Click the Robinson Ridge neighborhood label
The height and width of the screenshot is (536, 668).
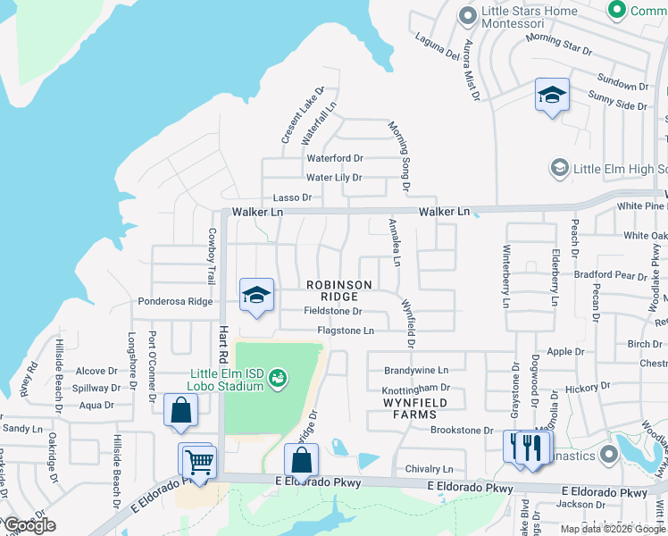[339, 290]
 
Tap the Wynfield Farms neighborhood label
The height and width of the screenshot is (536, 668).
[414, 409]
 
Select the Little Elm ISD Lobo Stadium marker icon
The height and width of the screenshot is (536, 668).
[277, 379]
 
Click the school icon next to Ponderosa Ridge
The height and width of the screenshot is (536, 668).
[256, 295]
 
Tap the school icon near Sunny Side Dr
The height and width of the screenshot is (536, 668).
[552, 95]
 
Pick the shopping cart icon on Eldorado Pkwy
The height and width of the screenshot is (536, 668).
[198, 462]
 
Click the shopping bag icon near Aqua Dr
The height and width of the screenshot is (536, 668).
[180, 411]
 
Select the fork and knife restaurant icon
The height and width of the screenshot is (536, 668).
[532, 447]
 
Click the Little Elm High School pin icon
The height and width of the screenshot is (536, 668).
[560, 168]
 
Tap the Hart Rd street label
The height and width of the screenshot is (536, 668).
[223, 345]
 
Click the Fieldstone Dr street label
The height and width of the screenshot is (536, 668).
[332, 312]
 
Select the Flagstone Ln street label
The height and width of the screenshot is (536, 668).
[345, 331]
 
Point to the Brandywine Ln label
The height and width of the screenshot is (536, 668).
[415, 370]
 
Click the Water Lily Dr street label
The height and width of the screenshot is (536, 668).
[334, 178]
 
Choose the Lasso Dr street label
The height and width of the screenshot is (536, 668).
[292, 197]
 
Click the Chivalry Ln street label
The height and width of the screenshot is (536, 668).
[429, 469]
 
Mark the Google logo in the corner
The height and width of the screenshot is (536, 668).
[29, 525]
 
